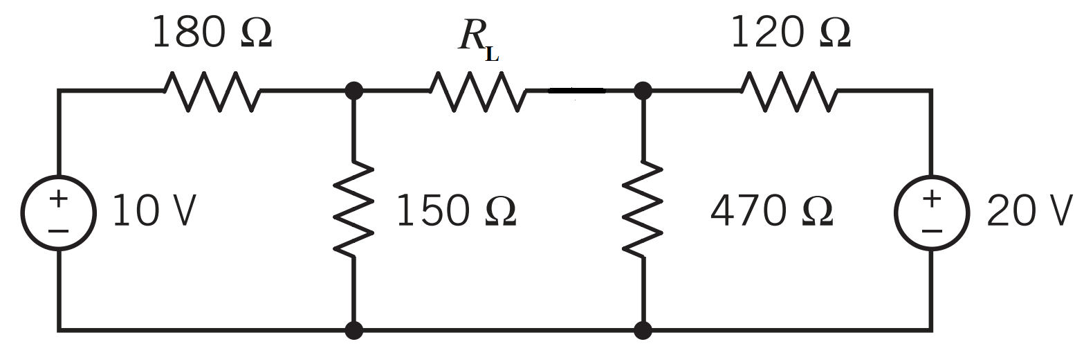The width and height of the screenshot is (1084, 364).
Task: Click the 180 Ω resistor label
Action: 212,33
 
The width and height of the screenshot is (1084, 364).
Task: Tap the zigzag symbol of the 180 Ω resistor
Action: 212,91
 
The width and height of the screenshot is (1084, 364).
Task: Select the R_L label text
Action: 477,37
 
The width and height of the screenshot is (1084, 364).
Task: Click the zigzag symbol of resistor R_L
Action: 477,91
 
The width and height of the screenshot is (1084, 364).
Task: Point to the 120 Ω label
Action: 791,33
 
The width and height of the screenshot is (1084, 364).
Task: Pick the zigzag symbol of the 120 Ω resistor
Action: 789,91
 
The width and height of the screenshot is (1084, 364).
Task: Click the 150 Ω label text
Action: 456,211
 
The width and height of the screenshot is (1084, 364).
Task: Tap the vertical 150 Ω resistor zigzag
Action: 354,209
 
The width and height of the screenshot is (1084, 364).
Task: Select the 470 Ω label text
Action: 771,211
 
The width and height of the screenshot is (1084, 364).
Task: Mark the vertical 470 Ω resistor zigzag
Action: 643,209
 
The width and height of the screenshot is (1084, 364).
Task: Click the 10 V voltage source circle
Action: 59,212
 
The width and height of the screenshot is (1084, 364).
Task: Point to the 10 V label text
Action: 154,211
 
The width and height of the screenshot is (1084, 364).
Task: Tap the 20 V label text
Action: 1029,211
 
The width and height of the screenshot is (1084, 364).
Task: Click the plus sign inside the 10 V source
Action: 59,199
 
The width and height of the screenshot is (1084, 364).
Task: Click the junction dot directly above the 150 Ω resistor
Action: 354,90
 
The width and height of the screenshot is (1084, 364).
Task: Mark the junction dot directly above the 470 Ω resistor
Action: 643,90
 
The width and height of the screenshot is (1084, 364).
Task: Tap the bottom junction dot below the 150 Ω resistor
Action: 354,330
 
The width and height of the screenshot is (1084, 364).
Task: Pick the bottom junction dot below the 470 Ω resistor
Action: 643,330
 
